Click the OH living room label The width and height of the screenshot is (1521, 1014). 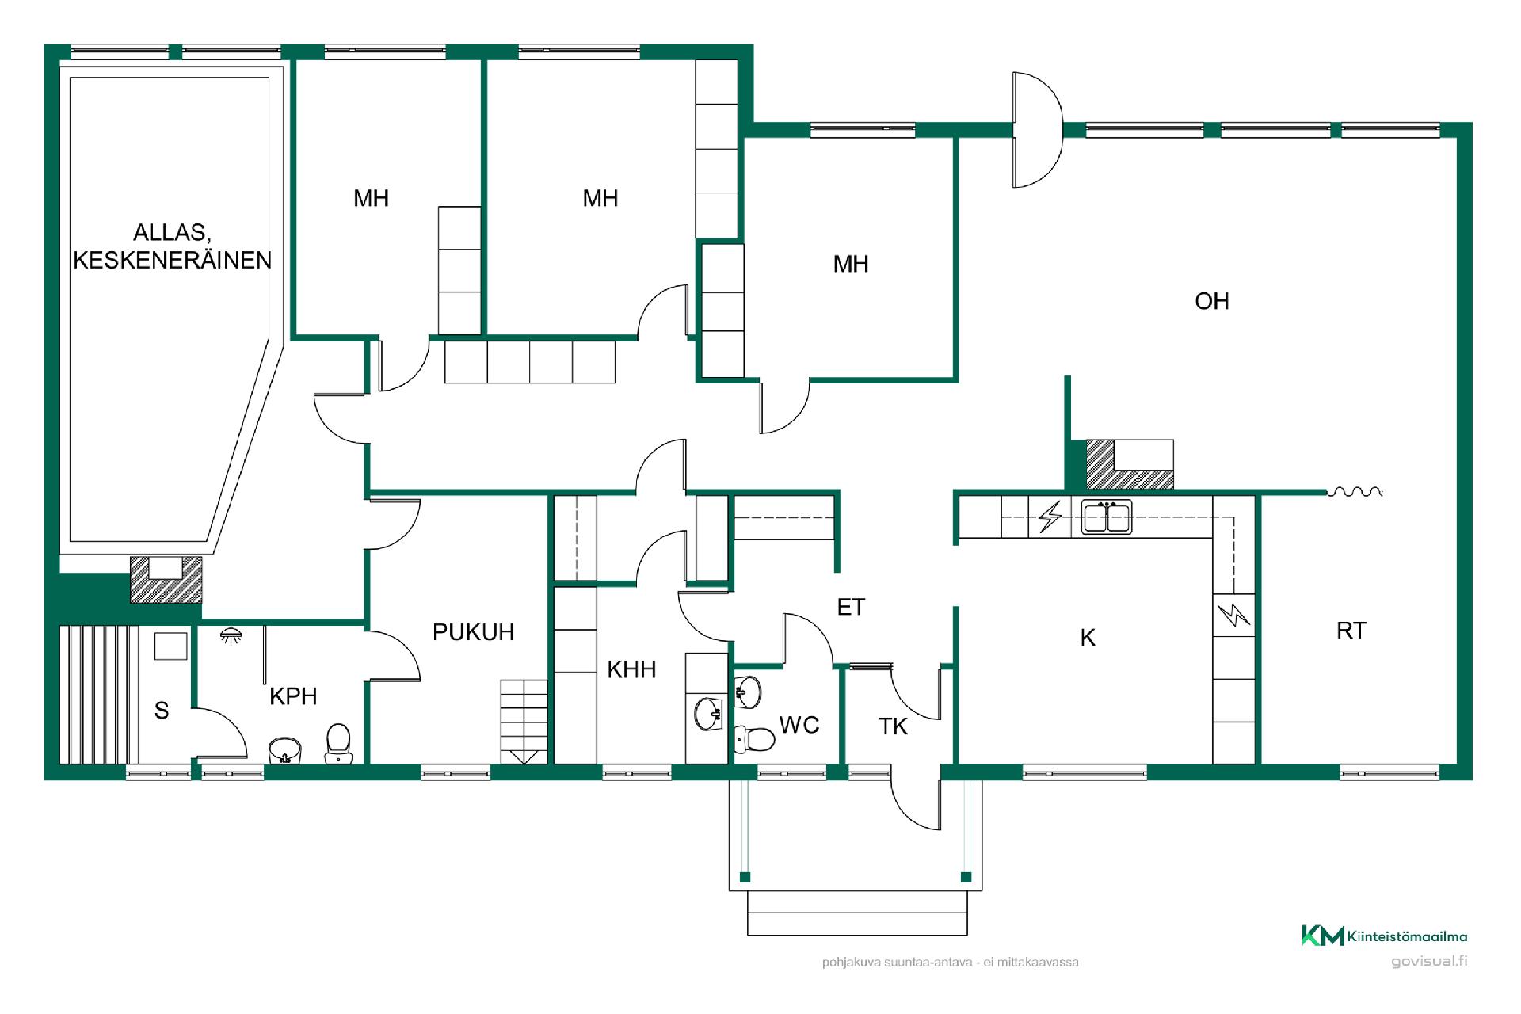pyautogui.click(x=1211, y=301)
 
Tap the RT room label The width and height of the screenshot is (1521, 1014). pyautogui.click(x=1351, y=631)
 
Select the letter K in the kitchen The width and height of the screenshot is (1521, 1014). pyautogui.click(x=1088, y=638)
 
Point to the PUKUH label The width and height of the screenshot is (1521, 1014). pyautogui.click(x=473, y=632)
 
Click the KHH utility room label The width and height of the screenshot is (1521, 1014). pyautogui.click(x=631, y=670)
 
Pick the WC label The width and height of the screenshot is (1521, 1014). pyautogui.click(x=799, y=725)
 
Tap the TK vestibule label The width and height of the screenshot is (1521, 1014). pyautogui.click(x=894, y=726)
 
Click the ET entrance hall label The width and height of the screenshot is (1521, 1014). pyautogui.click(x=851, y=608)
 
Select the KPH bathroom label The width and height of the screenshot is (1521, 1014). pyautogui.click(x=293, y=696)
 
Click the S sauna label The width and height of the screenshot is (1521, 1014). pyautogui.click(x=162, y=711)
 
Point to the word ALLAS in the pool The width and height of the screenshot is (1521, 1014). pyautogui.click(x=171, y=233)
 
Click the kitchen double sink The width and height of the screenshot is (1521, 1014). pyautogui.click(x=1107, y=517)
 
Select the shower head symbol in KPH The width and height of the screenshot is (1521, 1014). pyautogui.click(x=231, y=635)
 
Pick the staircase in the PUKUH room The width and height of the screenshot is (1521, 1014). pyautogui.click(x=524, y=722)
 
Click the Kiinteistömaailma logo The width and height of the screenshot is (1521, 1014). pyautogui.click(x=1384, y=936)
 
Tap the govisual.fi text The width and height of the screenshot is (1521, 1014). pyautogui.click(x=1429, y=962)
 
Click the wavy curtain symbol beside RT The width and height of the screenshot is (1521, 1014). pyautogui.click(x=1355, y=492)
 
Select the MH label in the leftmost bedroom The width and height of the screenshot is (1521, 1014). pyautogui.click(x=371, y=198)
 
